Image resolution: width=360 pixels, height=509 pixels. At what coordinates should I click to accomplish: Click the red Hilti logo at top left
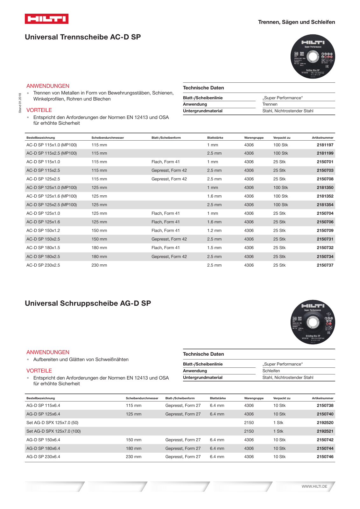point(46,19)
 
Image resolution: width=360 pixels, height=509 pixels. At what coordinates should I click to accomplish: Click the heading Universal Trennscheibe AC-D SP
point(83,37)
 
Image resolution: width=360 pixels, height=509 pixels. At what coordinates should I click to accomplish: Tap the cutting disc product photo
point(313,57)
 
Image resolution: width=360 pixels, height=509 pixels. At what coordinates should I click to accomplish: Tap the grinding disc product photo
point(313,322)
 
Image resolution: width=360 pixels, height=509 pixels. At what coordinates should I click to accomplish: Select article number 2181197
point(325,145)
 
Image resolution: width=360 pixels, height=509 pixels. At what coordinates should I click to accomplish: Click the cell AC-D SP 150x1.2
point(43,230)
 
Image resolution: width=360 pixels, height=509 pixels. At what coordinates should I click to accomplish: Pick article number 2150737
point(325,265)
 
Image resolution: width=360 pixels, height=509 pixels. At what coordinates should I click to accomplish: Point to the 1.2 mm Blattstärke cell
point(214,230)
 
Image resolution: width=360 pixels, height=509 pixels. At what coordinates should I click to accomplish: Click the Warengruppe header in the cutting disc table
point(254,138)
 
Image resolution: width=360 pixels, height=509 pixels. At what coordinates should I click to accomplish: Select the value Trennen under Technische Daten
point(270,104)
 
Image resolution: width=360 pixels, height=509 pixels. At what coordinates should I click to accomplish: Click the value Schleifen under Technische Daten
point(271,371)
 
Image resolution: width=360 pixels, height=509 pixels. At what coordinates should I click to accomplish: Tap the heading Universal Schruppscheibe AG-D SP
point(88,303)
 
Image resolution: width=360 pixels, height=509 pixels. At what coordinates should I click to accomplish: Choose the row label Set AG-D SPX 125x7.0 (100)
point(53,431)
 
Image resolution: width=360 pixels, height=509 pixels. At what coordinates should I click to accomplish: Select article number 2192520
point(325,422)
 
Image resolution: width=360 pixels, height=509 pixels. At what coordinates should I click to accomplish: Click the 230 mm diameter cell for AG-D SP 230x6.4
point(133,457)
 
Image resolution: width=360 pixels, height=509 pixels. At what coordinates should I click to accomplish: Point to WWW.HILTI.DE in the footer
point(314,486)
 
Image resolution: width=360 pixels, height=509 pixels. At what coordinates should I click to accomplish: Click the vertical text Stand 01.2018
point(20,103)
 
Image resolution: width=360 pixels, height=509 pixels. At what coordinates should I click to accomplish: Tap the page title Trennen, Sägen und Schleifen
point(296,22)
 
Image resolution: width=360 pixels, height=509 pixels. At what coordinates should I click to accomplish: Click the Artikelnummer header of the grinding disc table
point(322,398)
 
